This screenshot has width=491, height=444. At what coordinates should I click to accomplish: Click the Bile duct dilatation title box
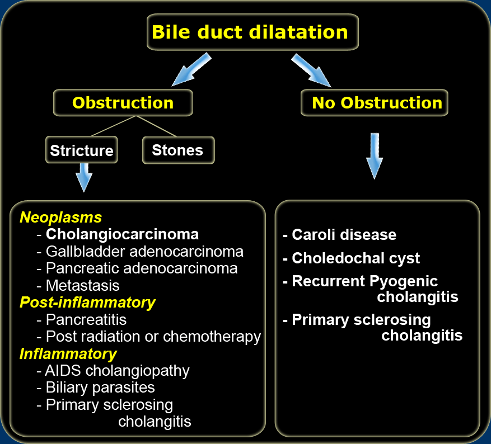(x=252, y=32)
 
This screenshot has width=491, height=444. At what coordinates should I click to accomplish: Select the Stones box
(x=179, y=150)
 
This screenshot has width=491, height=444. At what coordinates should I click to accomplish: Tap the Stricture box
(x=82, y=150)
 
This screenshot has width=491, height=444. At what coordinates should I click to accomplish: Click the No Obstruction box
(x=375, y=102)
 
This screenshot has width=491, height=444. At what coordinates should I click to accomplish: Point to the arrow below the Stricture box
(x=84, y=177)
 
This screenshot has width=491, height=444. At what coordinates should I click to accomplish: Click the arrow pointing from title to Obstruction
(x=191, y=69)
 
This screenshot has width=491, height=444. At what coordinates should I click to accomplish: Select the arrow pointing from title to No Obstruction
(x=311, y=70)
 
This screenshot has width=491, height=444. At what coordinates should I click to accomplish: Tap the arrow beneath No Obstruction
(x=375, y=156)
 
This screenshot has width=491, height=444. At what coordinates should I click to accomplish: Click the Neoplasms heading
(x=61, y=217)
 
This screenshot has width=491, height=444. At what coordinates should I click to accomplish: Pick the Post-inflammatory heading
(x=88, y=303)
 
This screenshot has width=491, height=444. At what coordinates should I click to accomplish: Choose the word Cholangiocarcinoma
(x=123, y=234)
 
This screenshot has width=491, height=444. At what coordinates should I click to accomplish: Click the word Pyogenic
(x=404, y=281)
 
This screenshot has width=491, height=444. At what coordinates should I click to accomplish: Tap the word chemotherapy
(x=212, y=337)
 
